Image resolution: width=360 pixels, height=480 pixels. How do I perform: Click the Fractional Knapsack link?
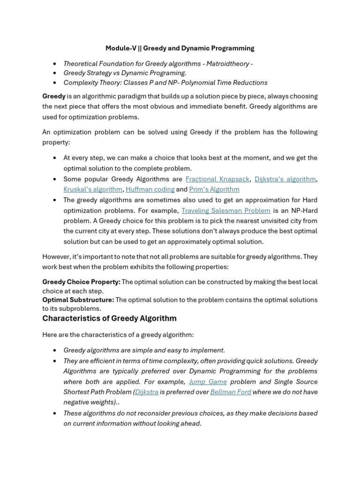point(218,179)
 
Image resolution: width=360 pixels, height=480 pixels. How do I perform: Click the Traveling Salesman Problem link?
point(226,210)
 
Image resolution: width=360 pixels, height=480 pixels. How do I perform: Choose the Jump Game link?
point(208,382)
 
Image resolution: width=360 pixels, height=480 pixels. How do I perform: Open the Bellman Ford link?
point(231,392)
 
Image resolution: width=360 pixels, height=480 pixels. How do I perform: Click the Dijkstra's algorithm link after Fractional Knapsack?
point(285,179)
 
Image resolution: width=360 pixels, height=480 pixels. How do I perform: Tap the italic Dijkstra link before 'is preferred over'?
point(147,392)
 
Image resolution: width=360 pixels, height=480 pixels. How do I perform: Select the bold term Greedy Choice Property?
point(81,282)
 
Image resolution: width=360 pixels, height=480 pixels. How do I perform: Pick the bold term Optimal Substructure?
point(78,300)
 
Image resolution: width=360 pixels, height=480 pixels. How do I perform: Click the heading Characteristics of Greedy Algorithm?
point(109,318)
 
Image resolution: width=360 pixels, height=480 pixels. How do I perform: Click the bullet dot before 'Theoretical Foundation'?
point(55,63)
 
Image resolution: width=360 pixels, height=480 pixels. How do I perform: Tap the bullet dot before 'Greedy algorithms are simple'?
point(55,350)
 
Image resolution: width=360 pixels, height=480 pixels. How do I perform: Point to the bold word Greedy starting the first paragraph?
point(54,96)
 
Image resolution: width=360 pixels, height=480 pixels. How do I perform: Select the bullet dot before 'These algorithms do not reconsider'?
point(55,413)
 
